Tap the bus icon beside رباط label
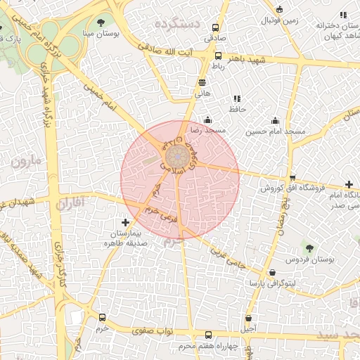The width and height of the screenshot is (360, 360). tap(218, 56)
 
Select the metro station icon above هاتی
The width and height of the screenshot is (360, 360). tap(202, 83)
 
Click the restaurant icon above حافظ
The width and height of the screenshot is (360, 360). tap(236, 98)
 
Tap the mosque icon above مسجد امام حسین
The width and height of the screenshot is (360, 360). tap(274, 120)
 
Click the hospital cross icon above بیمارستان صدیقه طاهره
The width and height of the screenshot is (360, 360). tap(125, 222)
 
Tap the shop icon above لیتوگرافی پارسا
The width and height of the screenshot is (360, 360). tap(272, 272)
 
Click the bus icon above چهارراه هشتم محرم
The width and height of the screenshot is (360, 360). tap(207, 335)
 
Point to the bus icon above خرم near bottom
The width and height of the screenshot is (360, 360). tap(103, 318)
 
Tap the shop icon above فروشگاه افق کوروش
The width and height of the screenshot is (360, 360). tap(292, 178)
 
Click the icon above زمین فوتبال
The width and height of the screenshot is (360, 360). tap(280, 10)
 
